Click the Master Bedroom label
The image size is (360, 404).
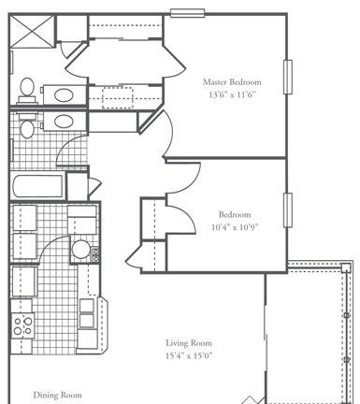[232, 82]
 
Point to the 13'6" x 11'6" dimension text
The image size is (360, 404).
[232, 94]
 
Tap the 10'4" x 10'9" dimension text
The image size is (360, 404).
[235, 227]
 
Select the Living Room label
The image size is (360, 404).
[189, 343]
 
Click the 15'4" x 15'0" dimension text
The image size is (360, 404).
[189, 355]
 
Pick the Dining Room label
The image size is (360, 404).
[57, 396]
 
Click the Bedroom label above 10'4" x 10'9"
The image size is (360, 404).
[235, 215]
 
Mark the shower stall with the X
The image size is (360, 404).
[32, 31]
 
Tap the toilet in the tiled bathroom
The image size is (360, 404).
[27, 125]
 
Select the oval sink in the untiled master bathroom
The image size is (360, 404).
[64, 95]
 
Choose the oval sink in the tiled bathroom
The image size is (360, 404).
[64, 121]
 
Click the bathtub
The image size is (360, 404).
[38, 186]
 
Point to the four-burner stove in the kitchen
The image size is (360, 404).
[22, 325]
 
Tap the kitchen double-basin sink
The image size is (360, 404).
[87, 313]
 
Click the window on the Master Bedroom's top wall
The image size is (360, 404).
[187, 13]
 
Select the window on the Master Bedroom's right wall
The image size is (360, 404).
[288, 77]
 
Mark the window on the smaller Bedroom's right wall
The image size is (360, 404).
[288, 210]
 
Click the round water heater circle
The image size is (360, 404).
[80, 250]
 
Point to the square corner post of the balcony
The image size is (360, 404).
[345, 268]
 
